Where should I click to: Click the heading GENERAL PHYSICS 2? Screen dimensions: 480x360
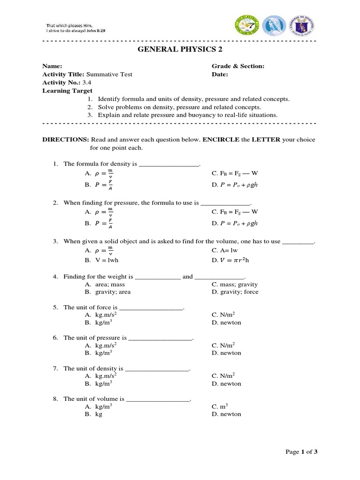180,51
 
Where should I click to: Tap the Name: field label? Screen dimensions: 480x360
52,67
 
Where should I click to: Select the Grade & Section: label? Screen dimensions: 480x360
238,67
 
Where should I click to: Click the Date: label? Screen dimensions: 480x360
220,74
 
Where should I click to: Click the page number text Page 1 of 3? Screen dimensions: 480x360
301,452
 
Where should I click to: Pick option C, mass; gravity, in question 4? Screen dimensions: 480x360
234,284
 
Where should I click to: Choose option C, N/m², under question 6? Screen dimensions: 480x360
223,345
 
